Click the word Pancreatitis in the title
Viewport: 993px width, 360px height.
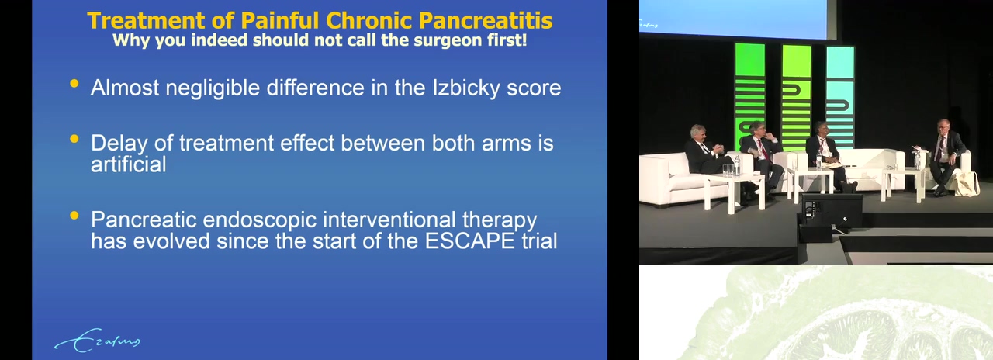coord(486,20)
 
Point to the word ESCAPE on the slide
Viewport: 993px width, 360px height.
coord(469,241)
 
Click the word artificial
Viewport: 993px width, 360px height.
coord(129,164)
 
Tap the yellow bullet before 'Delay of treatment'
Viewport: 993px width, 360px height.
coord(74,139)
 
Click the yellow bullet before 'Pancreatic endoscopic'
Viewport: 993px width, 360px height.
coord(74,216)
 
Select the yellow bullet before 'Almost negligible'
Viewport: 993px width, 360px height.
coord(74,83)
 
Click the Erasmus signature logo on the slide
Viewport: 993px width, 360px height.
coord(97,341)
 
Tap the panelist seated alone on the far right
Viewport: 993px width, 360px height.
coord(945,155)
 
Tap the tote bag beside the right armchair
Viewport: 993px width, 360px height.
coord(967,183)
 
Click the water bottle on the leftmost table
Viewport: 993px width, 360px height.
coord(737,164)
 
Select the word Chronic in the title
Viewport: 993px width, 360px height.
coord(368,20)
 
